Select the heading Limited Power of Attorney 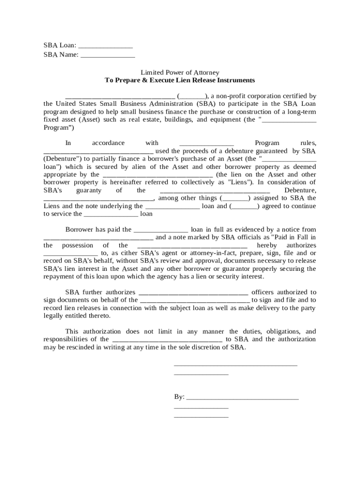(x=180, y=73)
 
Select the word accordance (x=108, y=143)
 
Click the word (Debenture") (x=63, y=159)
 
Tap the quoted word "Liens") (x=241, y=182)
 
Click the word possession (x=78, y=246)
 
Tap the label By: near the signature (x=179, y=397)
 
